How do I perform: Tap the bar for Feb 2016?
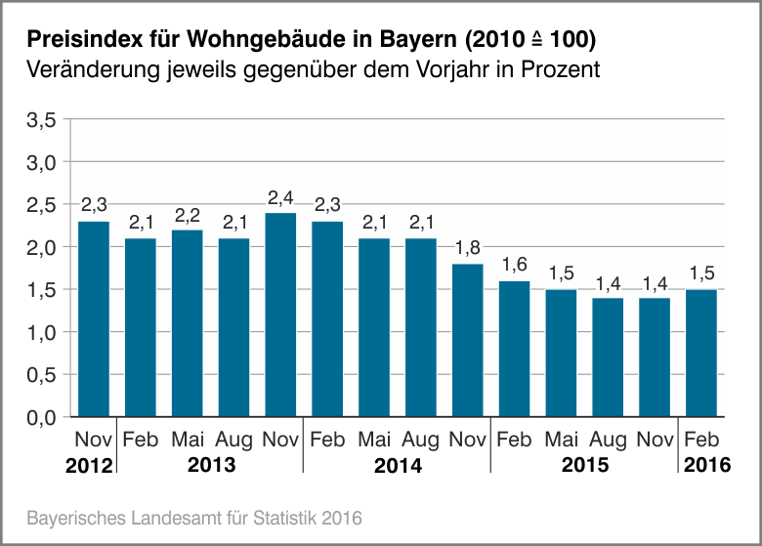(x=701, y=353)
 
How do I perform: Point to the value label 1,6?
(x=515, y=265)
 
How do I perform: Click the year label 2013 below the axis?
(x=211, y=465)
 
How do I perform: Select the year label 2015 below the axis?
(x=584, y=465)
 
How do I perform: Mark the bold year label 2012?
(x=90, y=466)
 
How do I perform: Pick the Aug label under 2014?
(x=421, y=441)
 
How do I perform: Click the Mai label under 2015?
(x=562, y=441)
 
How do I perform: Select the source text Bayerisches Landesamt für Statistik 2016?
(x=194, y=516)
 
